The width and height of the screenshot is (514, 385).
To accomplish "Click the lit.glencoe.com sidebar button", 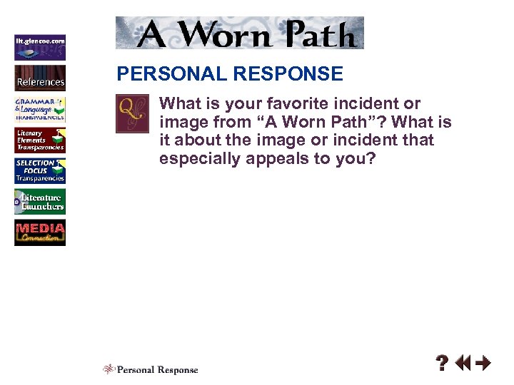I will [x=40, y=46].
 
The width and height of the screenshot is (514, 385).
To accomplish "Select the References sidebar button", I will [x=40, y=78].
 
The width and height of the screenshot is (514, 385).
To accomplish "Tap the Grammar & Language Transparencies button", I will [x=40, y=109].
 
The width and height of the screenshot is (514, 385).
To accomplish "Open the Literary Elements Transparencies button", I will [x=40, y=140].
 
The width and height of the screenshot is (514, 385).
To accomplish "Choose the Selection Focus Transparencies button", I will [x=40, y=171].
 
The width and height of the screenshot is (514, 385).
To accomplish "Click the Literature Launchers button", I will [x=40, y=202].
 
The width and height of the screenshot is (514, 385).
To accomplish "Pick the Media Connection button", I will [x=40, y=233].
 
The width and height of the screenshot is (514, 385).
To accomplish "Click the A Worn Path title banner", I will [x=240, y=33].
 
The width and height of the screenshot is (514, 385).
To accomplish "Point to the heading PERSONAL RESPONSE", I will [x=230, y=73].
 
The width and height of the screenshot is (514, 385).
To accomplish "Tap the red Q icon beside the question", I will [x=132, y=113].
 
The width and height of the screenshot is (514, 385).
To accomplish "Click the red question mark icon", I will [x=443, y=364].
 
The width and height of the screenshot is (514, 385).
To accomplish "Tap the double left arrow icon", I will [x=463, y=364].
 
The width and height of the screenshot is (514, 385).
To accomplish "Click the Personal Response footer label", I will [x=157, y=369].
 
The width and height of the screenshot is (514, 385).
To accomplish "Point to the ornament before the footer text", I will [x=109, y=369].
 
